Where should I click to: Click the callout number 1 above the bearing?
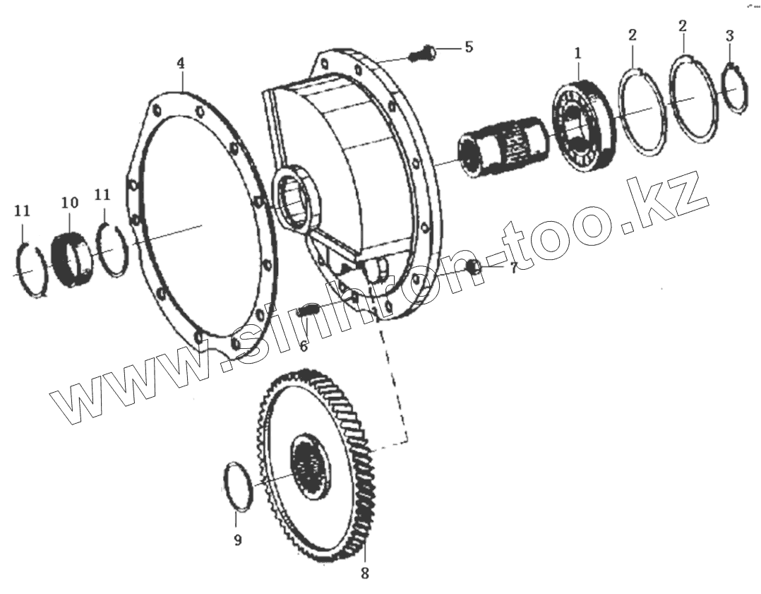pyautogui.click(x=577, y=53)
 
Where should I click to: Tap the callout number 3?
pyautogui.click(x=730, y=35)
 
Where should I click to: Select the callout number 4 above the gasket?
pyautogui.click(x=181, y=64)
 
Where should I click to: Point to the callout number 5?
pyautogui.click(x=467, y=47)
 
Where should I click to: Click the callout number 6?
pyautogui.click(x=304, y=346)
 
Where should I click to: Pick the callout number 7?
pyautogui.click(x=513, y=268)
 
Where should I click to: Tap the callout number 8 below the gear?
pyautogui.click(x=364, y=574)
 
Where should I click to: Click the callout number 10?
pyautogui.click(x=69, y=203)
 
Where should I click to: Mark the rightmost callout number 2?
pyautogui.click(x=682, y=27)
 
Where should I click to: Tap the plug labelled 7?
pyautogui.click(x=474, y=266)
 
